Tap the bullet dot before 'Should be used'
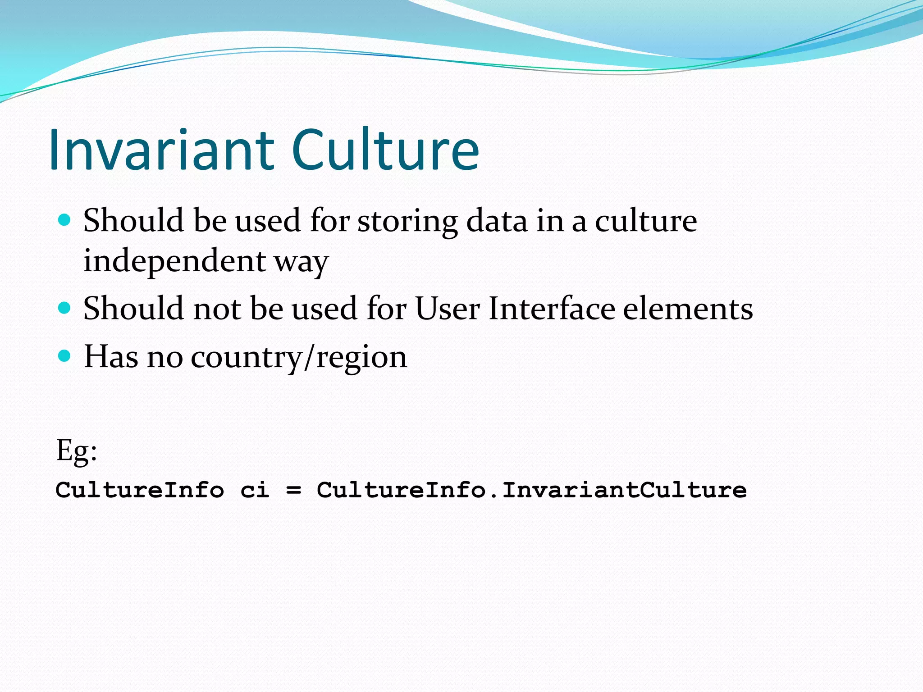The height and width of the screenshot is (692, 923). click(x=65, y=220)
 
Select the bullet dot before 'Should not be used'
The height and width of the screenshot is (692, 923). click(x=65, y=308)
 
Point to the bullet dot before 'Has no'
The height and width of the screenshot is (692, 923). click(x=65, y=356)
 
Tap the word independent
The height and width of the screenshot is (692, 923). click(x=174, y=261)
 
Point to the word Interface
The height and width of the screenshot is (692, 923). click(x=552, y=309)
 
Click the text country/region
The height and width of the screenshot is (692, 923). click(x=299, y=358)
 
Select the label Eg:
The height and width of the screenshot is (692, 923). click(x=76, y=451)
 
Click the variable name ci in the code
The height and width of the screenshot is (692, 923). click(x=255, y=490)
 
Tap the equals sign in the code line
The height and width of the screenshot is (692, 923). click(x=293, y=490)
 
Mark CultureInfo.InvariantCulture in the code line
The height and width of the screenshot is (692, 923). click(x=531, y=490)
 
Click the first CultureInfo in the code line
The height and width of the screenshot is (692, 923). click(x=140, y=490)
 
